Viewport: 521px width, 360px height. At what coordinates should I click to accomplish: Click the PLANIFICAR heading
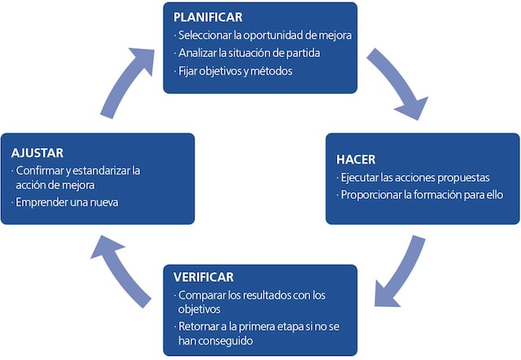[208, 17]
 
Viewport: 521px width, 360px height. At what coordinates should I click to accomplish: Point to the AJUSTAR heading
[37, 152]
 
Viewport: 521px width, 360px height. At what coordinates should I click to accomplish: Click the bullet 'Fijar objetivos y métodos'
[234, 71]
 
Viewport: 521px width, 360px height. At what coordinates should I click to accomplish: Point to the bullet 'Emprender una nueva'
[66, 202]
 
